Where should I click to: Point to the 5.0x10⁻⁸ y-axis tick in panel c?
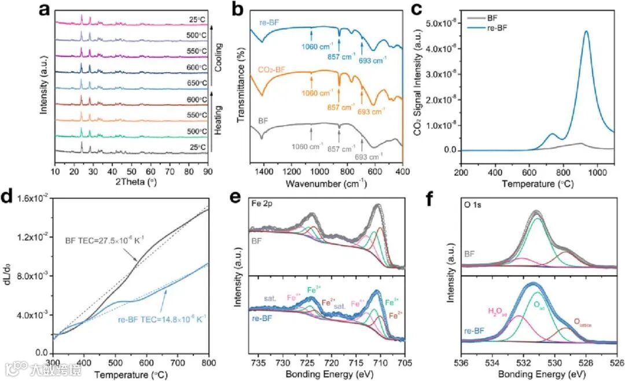tap(440, 23)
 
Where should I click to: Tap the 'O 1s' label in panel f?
tap(473, 204)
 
